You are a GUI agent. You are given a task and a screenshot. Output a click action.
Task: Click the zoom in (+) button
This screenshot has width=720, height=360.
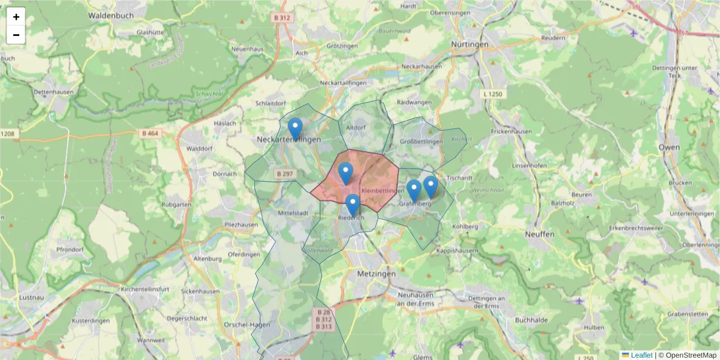(x=16, y=17)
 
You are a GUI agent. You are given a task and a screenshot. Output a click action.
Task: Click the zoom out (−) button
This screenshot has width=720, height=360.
(x=16, y=35)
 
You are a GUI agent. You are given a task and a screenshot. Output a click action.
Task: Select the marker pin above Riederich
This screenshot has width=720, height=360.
(x=353, y=205)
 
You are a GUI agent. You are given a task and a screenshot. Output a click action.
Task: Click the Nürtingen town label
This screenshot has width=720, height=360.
(x=470, y=44)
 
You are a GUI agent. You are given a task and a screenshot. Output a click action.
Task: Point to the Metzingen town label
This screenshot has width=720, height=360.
(x=376, y=273)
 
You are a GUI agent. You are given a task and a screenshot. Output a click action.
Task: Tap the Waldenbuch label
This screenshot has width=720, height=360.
(x=109, y=15)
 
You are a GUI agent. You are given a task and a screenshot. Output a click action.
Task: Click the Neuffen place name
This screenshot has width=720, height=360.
(x=539, y=234)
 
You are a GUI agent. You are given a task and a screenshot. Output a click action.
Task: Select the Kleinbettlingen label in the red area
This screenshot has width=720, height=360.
(x=383, y=191)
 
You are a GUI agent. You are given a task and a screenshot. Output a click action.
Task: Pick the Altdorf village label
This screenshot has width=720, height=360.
(x=356, y=127)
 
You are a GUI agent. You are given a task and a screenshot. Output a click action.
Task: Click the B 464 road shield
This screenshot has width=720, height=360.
(x=150, y=133)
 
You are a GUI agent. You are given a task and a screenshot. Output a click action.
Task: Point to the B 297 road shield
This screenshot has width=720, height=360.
(x=285, y=173)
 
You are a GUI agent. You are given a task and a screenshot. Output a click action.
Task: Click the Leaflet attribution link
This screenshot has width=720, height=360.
(x=641, y=355)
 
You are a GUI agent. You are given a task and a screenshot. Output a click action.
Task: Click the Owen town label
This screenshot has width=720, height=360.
(x=669, y=147)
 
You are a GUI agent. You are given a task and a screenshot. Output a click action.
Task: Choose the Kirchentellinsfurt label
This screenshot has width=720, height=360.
(x=145, y=289)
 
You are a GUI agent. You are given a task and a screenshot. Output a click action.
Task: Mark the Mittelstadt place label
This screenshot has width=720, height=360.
(x=293, y=213)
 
